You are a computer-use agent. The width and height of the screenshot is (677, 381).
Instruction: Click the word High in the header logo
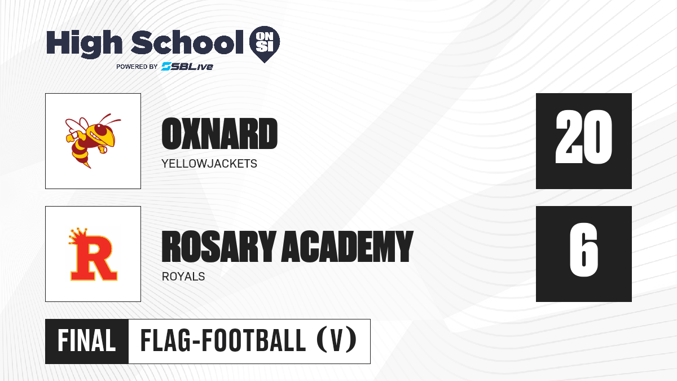84,43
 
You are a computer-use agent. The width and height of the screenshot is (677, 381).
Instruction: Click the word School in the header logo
187,42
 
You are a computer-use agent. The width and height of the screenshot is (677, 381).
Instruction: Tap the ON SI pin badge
265,44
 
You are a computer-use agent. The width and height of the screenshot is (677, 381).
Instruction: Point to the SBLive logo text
187,67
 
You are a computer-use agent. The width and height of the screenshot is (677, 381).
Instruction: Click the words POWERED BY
137,67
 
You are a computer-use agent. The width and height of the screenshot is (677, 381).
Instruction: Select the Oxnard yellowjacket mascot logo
93,141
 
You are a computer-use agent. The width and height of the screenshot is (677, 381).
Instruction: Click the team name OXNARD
219,134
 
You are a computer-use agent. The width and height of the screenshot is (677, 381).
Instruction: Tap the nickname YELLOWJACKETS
209,164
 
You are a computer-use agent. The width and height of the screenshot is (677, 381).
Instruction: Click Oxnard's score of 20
583,137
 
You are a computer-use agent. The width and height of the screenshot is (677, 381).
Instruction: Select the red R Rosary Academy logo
93,254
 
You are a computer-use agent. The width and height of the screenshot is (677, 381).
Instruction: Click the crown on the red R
78,236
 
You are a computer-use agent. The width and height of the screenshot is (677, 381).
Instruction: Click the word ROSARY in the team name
219,246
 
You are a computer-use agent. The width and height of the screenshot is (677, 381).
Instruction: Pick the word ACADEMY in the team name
348,246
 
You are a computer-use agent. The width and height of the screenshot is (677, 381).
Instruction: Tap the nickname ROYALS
183,277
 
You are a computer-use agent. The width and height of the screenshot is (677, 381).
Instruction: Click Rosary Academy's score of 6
584,250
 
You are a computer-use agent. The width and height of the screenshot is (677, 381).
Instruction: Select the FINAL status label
87,341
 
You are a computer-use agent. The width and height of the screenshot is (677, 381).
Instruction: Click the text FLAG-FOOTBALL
223,341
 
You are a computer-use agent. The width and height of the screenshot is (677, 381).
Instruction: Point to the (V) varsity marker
337,341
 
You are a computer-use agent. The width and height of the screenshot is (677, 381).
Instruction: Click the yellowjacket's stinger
87,165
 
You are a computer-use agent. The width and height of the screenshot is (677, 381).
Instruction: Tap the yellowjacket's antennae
109,119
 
